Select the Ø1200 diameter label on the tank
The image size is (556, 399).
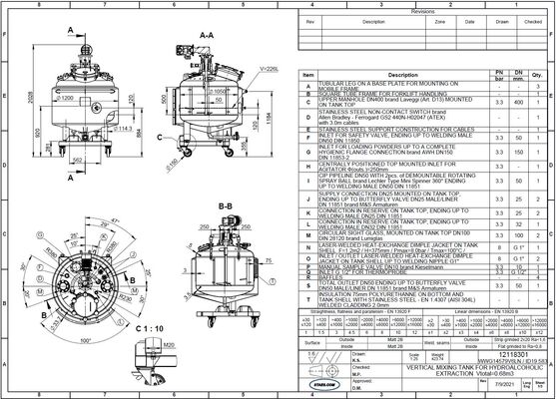[65, 100]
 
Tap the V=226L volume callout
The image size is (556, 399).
[269, 68]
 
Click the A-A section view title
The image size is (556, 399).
[207, 34]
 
